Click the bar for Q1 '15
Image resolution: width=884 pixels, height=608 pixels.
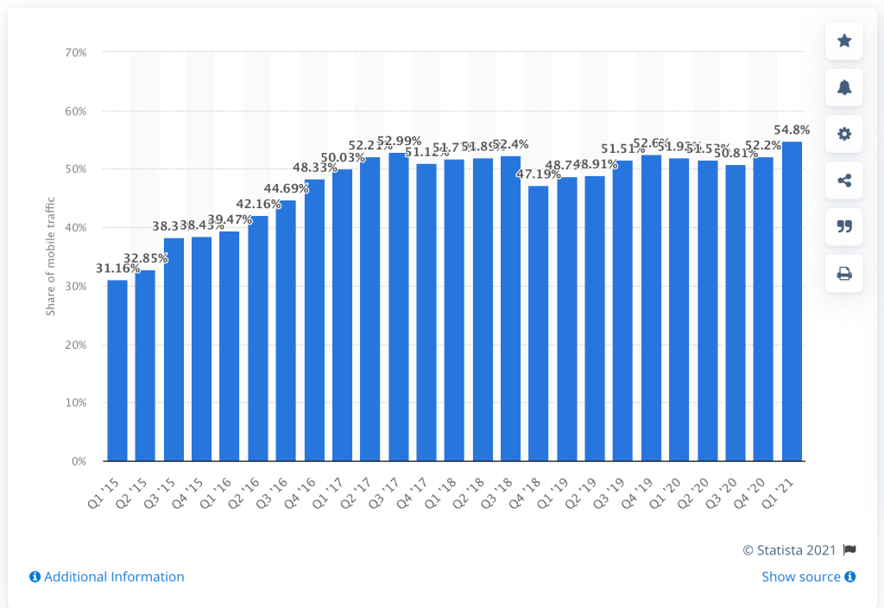coord(117,370)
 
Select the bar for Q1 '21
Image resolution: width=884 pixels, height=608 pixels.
coord(792,301)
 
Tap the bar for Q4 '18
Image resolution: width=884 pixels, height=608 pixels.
coord(539,324)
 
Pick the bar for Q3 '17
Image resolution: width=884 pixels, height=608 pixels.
coord(398,307)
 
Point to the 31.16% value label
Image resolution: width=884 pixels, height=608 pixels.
coord(117,268)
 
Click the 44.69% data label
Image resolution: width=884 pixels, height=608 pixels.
coord(286,188)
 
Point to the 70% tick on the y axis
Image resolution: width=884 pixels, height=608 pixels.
coord(75,53)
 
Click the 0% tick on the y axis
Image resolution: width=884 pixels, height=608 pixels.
coord(79,461)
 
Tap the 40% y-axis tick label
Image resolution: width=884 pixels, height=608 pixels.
coord(75,228)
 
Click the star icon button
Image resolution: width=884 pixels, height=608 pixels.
coord(844,41)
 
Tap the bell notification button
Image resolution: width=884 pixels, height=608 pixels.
coord(844,87)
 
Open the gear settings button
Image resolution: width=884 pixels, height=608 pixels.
coord(844,134)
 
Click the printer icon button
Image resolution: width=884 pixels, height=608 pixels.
coord(844,274)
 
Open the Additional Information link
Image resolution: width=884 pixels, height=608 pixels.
coord(107,577)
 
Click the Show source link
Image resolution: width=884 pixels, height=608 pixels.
coord(808,577)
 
